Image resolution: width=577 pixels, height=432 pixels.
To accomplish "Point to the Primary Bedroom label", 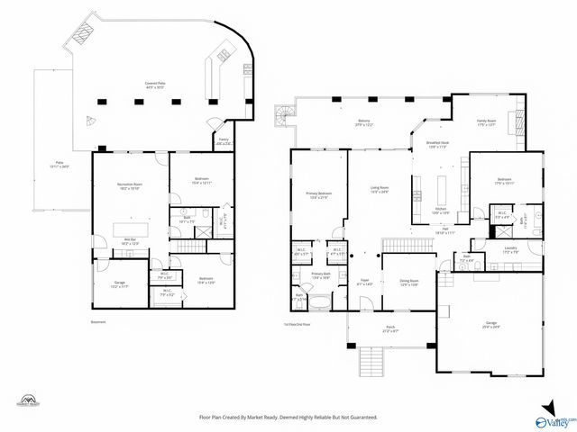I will (x=320, y=195).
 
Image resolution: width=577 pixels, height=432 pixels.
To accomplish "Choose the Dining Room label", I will (x=409, y=283).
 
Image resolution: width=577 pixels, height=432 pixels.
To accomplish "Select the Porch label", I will (x=390, y=328).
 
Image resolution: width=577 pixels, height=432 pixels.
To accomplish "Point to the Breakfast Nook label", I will (x=438, y=145).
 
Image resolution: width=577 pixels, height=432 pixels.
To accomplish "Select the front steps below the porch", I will (x=368, y=362).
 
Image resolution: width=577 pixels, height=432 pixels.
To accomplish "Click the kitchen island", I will (x=443, y=190).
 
